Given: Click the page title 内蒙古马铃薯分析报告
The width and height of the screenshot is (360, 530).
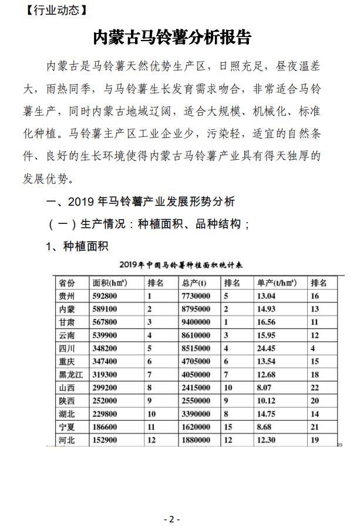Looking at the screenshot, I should pyautogui.click(x=172, y=37).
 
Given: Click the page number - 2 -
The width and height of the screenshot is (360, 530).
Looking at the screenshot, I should pyautogui.click(x=171, y=519).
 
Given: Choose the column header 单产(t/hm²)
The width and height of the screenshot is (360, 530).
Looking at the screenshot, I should pyautogui.click(x=276, y=283).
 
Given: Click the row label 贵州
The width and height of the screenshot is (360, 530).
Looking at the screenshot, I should pyautogui.click(x=67, y=296).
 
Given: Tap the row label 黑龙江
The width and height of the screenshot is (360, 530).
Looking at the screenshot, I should pyautogui.click(x=71, y=374).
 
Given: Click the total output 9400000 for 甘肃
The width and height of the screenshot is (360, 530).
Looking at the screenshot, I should pyautogui.click(x=196, y=322).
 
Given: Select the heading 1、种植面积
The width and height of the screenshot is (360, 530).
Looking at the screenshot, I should pyautogui.click(x=78, y=246).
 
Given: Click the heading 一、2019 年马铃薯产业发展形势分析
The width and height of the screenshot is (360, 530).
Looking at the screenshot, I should pyautogui.click(x=140, y=202).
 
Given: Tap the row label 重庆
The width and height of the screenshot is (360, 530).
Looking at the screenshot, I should pyautogui.click(x=67, y=361).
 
